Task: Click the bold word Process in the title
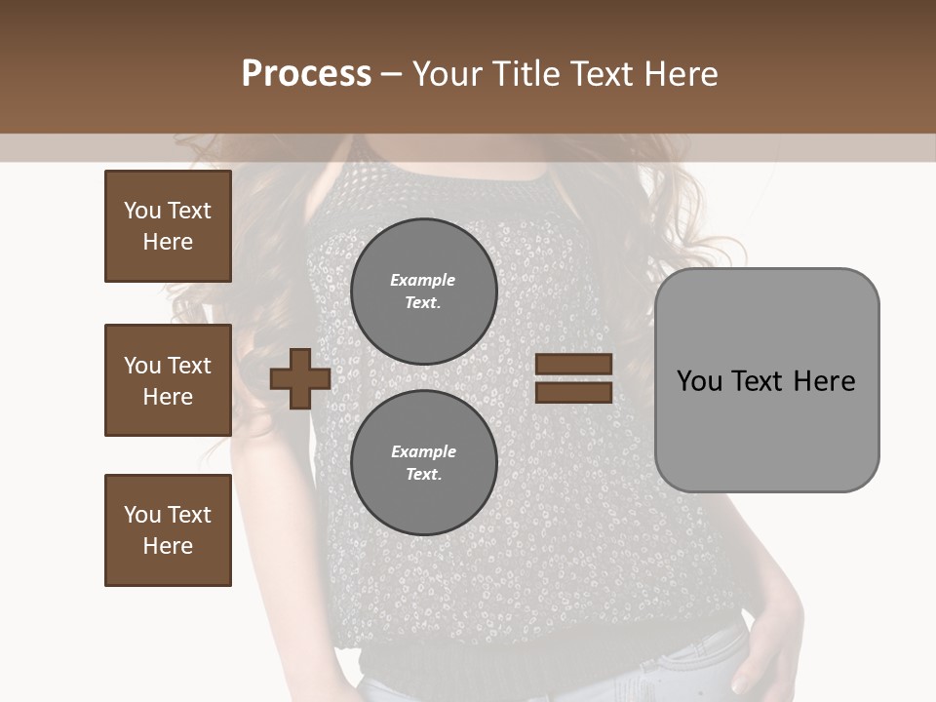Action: point(306,74)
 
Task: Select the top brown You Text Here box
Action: point(168,226)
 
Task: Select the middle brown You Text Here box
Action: point(168,380)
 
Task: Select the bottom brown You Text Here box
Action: point(168,530)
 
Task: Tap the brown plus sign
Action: point(299,378)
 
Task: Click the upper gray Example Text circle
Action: point(423,291)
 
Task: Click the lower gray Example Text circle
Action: point(423,462)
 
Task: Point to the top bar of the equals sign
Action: point(573,365)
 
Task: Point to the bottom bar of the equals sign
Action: point(573,392)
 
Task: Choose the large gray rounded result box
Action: point(766,429)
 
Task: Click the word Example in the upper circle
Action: point(423,280)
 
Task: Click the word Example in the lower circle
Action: point(423,451)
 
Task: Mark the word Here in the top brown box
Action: point(168,242)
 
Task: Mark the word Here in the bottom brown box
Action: point(168,546)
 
